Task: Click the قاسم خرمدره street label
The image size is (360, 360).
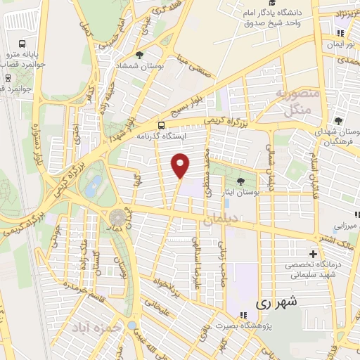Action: pyautogui.click(x=83, y=288)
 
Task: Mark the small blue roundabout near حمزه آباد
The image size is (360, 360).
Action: pyautogui.click(x=131, y=326)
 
